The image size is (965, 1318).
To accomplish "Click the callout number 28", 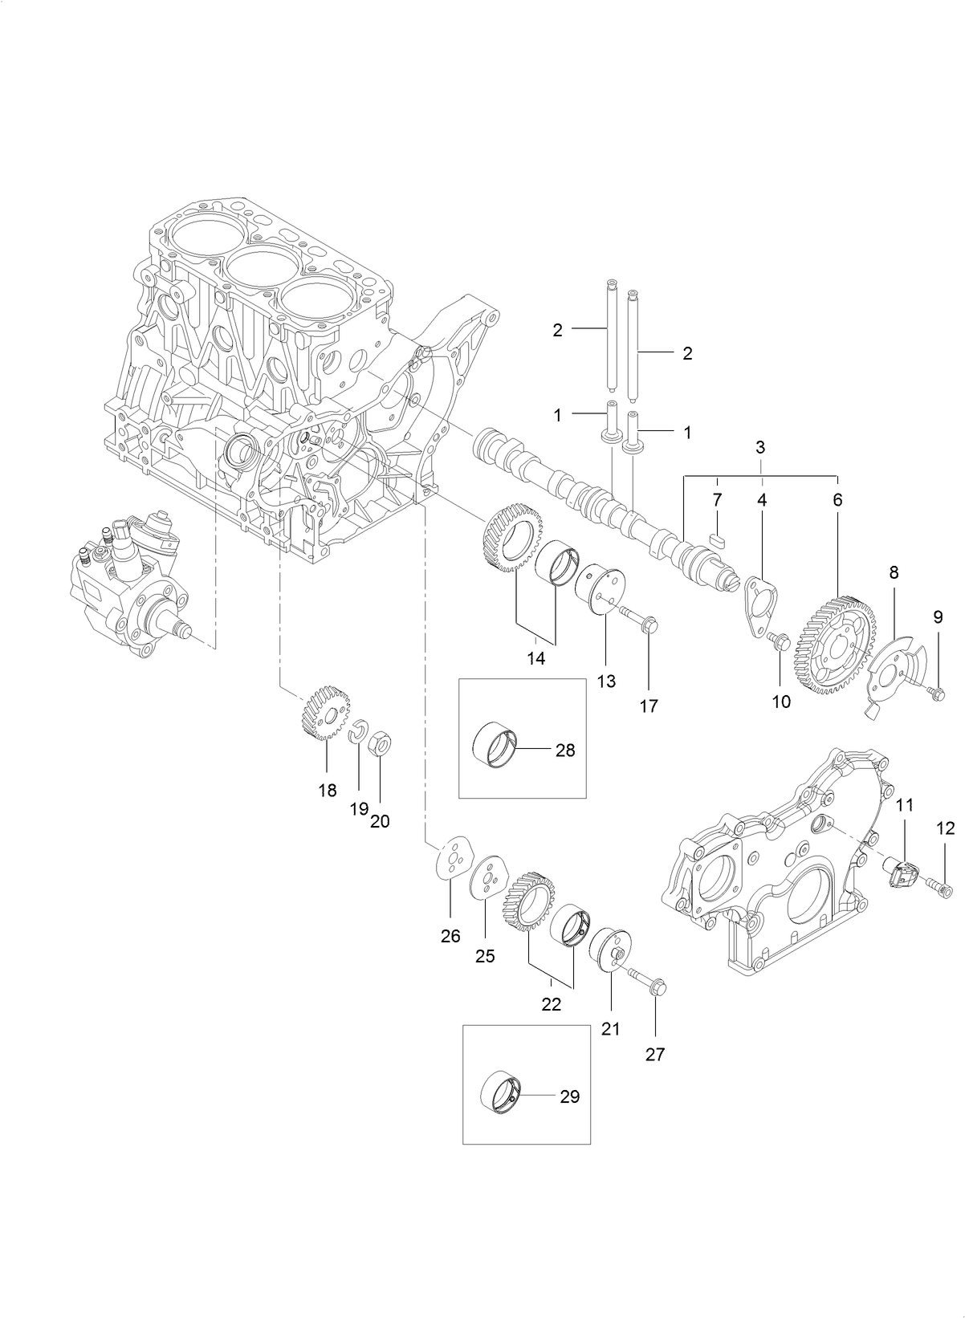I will click(x=565, y=751).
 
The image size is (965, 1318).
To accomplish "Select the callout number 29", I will click(x=569, y=1096).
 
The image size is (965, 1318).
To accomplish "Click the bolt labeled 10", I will click(x=778, y=640).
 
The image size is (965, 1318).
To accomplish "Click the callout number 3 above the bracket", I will click(x=759, y=447).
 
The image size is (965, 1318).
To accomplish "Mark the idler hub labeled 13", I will click(x=605, y=596).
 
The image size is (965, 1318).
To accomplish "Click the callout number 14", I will click(x=535, y=658).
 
